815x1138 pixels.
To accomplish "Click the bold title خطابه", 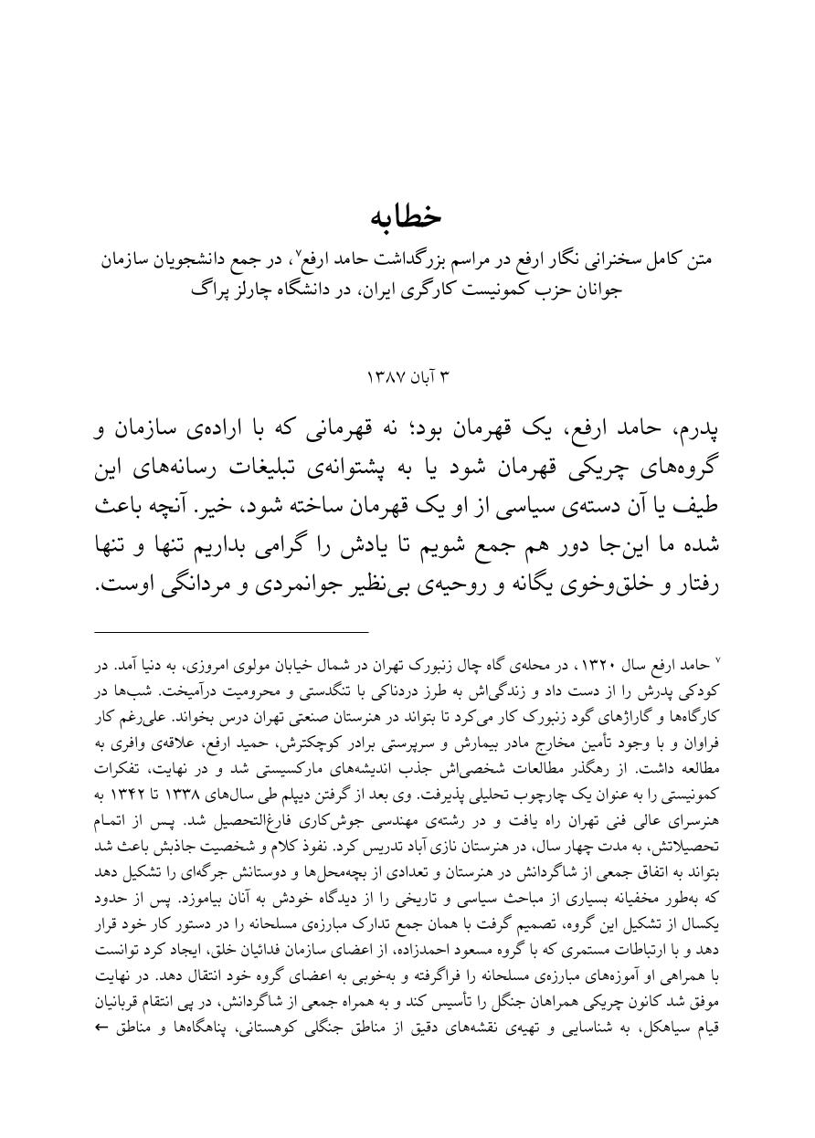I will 407,216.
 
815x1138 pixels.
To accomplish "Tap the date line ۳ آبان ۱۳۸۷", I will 407,376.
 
